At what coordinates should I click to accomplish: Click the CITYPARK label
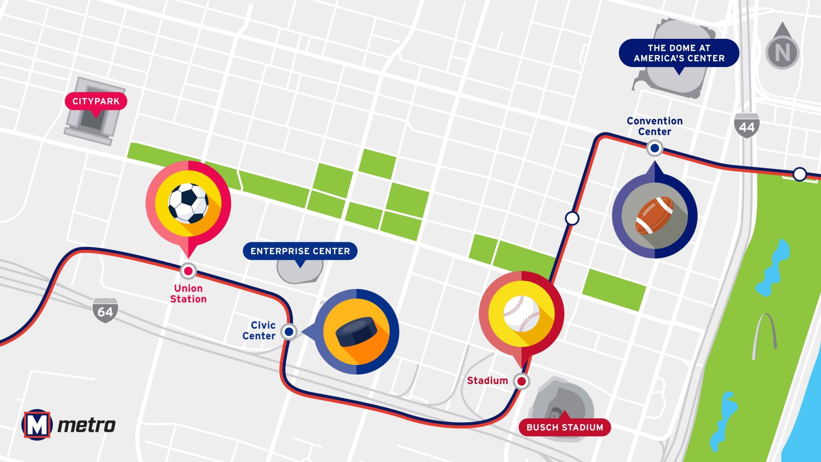[x=96, y=101]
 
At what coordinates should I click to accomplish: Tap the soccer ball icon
[x=189, y=203]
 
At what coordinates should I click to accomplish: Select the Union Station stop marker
[x=188, y=271]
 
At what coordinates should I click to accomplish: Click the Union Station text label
[x=188, y=294]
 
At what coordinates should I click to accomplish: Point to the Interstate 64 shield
[x=105, y=311]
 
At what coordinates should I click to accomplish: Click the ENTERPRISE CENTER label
[x=300, y=251]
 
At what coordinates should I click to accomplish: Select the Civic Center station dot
[x=289, y=331]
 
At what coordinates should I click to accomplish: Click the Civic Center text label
[x=259, y=330]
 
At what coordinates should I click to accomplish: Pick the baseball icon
[x=521, y=313]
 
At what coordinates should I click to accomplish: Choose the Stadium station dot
[x=521, y=381]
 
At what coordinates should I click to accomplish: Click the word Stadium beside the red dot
[x=487, y=381]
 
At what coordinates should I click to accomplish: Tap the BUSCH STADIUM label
[x=565, y=427]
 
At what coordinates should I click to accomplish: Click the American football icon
[x=655, y=215]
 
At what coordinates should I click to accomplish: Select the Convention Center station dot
[x=655, y=148]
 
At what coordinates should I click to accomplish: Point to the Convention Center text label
[x=655, y=126]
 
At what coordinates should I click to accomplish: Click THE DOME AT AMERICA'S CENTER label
[x=679, y=53]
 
